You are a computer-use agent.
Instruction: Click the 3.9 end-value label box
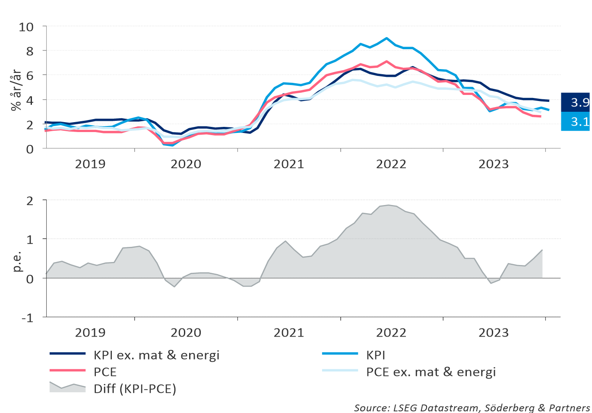(576, 102)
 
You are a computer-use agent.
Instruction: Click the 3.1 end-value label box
(576, 122)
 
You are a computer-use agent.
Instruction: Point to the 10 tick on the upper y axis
(26, 27)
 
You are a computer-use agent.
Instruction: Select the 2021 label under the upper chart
(289, 164)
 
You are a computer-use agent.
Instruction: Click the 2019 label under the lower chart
(90, 333)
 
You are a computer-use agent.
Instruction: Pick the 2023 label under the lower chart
(494, 333)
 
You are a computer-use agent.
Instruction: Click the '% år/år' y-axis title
(16, 90)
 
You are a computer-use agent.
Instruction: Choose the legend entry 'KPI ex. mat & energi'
(156, 355)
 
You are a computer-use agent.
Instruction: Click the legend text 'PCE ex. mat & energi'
(431, 372)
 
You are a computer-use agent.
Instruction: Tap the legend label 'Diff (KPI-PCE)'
(135, 389)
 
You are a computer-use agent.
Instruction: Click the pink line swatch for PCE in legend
(67, 370)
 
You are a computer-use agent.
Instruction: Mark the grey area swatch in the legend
(67, 388)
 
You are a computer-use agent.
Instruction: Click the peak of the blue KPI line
(386, 38)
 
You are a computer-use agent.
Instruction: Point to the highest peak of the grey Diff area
(388, 205)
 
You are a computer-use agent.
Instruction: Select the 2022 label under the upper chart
(391, 164)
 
